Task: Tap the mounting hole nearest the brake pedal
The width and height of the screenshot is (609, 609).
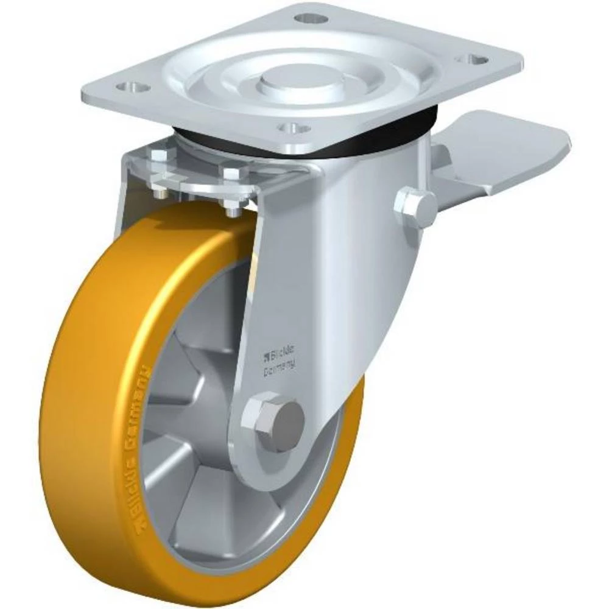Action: (475, 60)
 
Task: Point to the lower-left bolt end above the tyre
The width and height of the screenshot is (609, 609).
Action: (160, 194)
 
